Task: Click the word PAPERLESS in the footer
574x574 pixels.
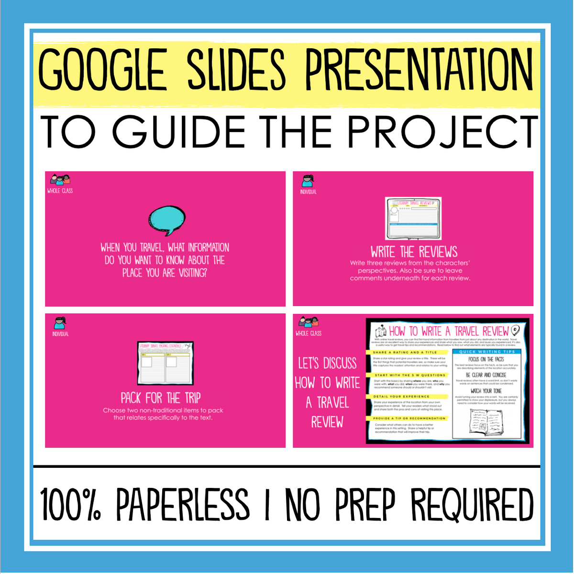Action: click(183, 505)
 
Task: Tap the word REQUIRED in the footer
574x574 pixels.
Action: click(472, 505)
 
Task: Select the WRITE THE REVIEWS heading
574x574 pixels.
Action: click(414, 252)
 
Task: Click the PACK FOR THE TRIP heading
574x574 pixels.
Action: click(161, 398)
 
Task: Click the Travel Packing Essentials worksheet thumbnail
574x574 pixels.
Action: click(166, 363)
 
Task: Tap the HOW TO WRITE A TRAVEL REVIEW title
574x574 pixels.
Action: click(448, 331)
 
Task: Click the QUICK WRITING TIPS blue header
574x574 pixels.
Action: click(487, 352)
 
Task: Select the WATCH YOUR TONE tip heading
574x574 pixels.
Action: click(486, 391)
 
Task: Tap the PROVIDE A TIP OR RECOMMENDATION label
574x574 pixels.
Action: click(409, 419)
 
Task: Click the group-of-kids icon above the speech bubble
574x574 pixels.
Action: click(60, 180)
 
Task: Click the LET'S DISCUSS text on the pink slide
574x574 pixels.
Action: click(327, 364)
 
